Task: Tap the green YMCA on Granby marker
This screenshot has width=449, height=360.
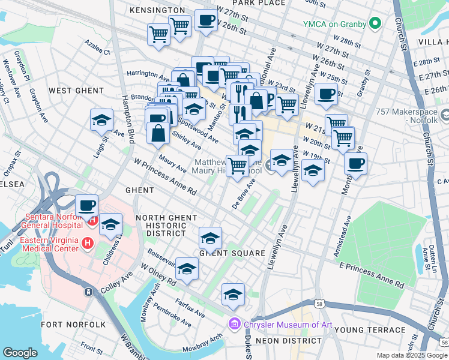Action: tap(376, 24)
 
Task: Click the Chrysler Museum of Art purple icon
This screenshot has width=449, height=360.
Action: tap(234, 325)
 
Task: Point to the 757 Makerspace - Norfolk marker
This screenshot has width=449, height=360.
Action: tap(444, 115)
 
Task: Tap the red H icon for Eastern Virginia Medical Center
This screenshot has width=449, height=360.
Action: tap(88, 243)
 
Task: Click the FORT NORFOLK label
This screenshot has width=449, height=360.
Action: tap(73, 325)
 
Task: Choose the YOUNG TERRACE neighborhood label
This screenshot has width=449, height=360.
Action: tap(370, 330)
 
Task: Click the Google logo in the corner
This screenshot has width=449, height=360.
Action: tap(20, 353)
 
